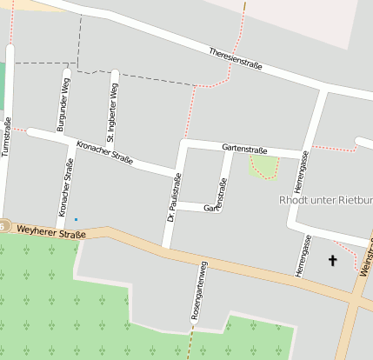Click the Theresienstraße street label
[237, 61]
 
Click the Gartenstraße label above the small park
[244, 149]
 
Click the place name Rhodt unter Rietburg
[326, 200]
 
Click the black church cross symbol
[331, 259]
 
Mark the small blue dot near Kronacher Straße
[76, 218]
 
